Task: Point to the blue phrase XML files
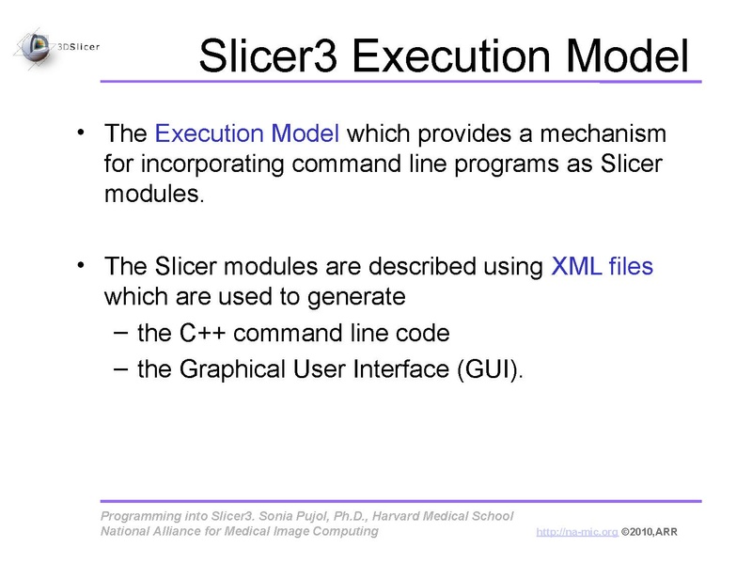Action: coord(602,266)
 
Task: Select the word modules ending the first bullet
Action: coord(151,196)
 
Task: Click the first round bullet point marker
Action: coord(83,130)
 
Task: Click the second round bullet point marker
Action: coord(83,263)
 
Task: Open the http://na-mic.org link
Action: coord(576,533)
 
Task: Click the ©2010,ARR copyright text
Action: coord(649,533)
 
